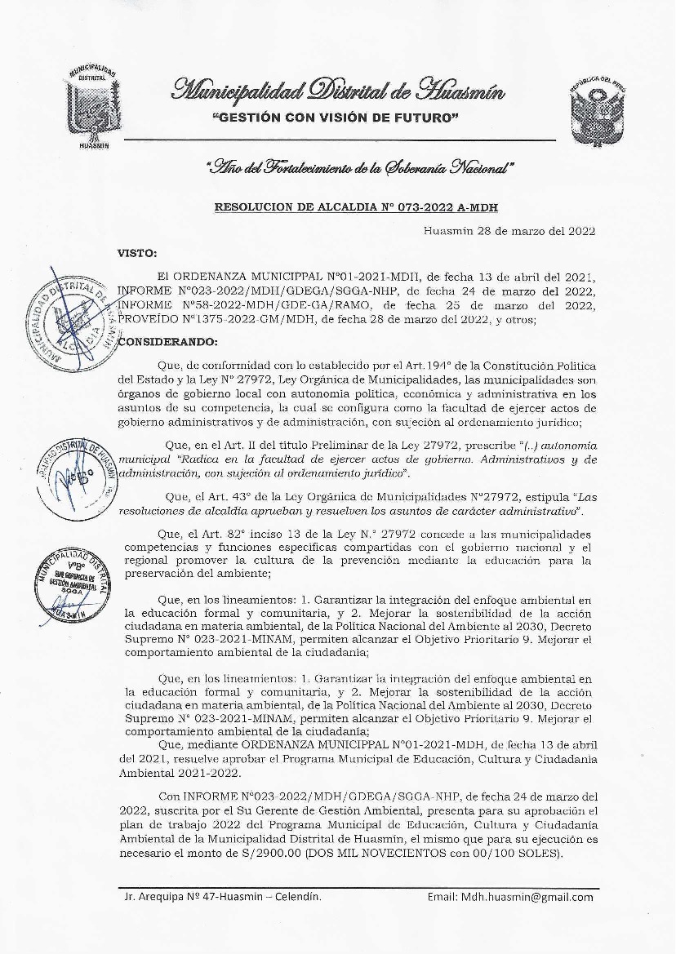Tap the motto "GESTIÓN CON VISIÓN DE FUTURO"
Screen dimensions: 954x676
click(335, 119)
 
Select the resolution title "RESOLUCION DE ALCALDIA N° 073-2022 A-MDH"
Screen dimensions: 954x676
click(355, 207)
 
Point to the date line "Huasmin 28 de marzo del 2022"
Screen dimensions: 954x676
click(509, 230)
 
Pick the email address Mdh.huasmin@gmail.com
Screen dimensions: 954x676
click(510, 897)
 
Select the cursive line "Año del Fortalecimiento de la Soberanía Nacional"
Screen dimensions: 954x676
click(361, 168)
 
